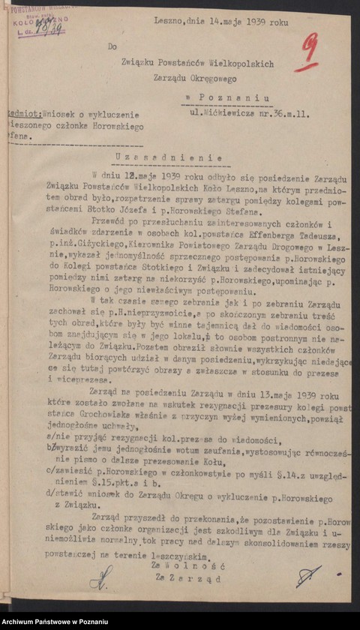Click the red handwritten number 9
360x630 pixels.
coord(307,55)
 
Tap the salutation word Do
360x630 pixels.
coord(112,46)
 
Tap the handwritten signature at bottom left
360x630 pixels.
coord(100,576)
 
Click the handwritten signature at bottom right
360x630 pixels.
coord(307,575)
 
